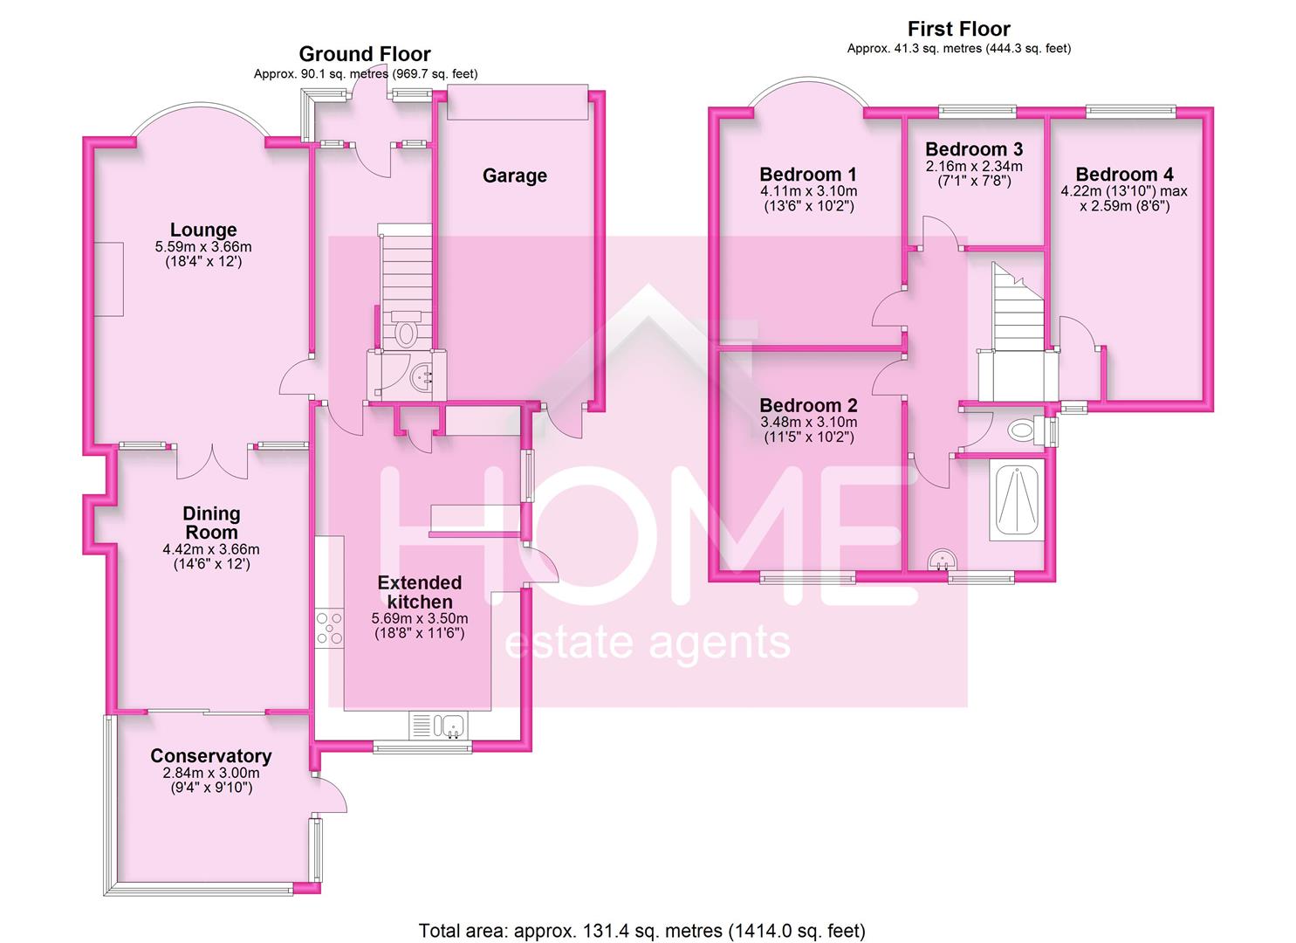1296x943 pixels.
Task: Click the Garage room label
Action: (x=514, y=176)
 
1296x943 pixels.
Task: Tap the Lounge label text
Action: (x=203, y=230)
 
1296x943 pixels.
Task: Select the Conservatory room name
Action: (x=210, y=755)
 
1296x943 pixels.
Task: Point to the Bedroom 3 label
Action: (x=974, y=149)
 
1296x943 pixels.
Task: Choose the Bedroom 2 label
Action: (x=808, y=405)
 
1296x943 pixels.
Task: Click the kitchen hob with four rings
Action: (x=330, y=629)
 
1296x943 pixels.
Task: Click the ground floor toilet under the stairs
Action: (x=407, y=330)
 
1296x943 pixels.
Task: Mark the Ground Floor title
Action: (x=365, y=54)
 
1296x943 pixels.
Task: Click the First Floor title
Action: (x=959, y=28)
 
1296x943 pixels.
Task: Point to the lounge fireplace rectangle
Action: (x=109, y=279)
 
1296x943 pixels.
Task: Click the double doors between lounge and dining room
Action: (x=212, y=461)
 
